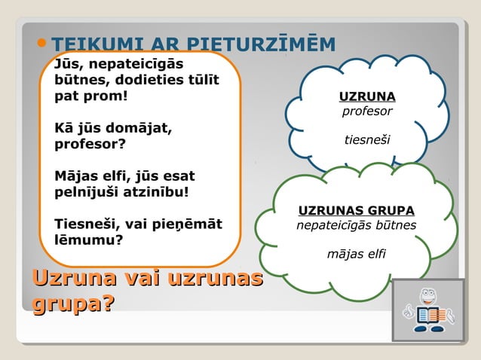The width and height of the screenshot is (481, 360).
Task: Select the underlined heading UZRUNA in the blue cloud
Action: pyautogui.click(x=367, y=96)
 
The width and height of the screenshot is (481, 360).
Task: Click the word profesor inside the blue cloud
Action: pyautogui.click(x=367, y=111)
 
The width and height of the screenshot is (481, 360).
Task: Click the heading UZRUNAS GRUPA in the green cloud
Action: pyautogui.click(x=357, y=209)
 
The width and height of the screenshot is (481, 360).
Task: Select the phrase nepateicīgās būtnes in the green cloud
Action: pyautogui.click(x=356, y=224)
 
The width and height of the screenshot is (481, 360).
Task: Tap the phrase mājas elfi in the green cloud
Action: pyautogui.click(x=356, y=254)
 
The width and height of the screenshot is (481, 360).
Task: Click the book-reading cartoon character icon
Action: pyautogui.click(x=427, y=310)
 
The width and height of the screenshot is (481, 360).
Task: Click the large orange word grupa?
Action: pyautogui.click(x=73, y=304)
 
